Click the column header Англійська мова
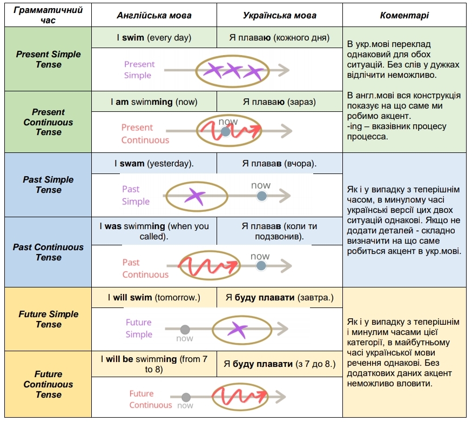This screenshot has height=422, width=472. [x=154, y=15]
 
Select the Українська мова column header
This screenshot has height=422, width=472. [x=280, y=15]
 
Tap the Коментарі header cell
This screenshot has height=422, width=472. [x=404, y=15]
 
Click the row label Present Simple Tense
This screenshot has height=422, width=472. [x=48, y=59]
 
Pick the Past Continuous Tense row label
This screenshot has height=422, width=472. [x=48, y=252]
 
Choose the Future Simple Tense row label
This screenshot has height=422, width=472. [x=48, y=319]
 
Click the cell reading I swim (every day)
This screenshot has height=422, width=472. [x=154, y=38]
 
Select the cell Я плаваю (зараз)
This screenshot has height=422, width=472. [x=280, y=102]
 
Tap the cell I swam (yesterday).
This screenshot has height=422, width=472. [x=154, y=163]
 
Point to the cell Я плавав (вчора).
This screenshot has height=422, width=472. [x=280, y=163]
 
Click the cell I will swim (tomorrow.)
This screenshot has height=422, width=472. [x=154, y=298]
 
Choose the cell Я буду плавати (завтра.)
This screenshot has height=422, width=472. [x=280, y=298]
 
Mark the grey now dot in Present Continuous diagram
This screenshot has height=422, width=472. [x=226, y=132]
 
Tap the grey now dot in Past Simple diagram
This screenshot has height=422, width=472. [x=261, y=196]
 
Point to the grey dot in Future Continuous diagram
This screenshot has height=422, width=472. [x=186, y=397]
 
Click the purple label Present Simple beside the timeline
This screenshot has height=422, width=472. [x=139, y=70]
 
